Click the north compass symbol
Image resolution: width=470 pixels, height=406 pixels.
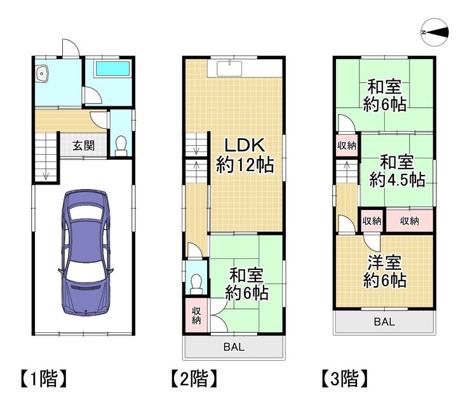(x=434, y=32)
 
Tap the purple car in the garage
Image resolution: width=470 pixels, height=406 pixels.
(x=86, y=252)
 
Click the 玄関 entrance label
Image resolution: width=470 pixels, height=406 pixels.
(x=84, y=146)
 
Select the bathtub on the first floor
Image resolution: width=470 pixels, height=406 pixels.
(x=112, y=69)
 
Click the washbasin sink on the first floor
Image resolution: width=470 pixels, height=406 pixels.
(x=42, y=73)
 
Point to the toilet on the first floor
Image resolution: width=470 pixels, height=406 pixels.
(x=121, y=146)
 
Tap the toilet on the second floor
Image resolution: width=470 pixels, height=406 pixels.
(x=196, y=284)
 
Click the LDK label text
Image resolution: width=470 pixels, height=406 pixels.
(x=245, y=145)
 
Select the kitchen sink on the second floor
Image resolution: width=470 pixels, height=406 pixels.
(x=229, y=69)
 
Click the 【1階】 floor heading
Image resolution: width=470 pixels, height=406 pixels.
(x=44, y=379)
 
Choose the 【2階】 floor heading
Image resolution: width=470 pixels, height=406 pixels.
(x=194, y=379)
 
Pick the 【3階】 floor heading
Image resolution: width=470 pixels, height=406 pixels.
(x=345, y=379)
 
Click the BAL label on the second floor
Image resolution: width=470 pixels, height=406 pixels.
(x=234, y=347)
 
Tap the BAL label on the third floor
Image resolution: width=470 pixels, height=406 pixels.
(x=384, y=322)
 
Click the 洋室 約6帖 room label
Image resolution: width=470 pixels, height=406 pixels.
(x=384, y=272)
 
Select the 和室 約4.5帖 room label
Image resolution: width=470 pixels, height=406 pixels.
(x=397, y=171)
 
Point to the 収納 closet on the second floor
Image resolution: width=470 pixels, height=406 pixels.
(x=196, y=315)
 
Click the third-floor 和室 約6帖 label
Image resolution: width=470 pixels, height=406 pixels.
(x=384, y=95)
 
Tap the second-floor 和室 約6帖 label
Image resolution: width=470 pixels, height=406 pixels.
(x=246, y=284)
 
